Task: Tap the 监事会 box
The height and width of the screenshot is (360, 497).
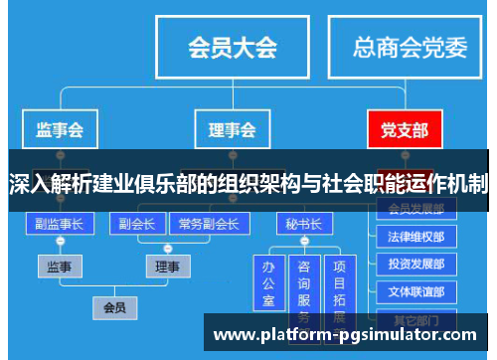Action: click(x=60, y=130)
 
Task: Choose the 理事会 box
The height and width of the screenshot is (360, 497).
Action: click(x=232, y=130)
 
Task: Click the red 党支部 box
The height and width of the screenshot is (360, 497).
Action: click(x=405, y=130)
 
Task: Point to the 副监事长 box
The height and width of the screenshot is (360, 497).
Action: click(x=60, y=224)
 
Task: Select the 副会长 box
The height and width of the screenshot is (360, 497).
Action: click(x=136, y=224)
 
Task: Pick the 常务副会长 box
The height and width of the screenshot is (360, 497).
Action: click(x=208, y=224)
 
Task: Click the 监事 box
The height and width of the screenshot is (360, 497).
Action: click(x=60, y=267)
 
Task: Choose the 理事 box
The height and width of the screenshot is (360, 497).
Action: click(x=167, y=267)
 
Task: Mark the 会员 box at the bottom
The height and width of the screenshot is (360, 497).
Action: click(x=115, y=308)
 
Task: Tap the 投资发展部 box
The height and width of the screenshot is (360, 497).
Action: click(x=416, y=266)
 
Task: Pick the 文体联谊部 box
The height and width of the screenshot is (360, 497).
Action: click(x=416, y=292)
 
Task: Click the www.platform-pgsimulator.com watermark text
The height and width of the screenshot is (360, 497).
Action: click(x=347, y=335)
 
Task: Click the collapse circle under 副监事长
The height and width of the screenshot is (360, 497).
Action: click(x=60, y=243)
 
